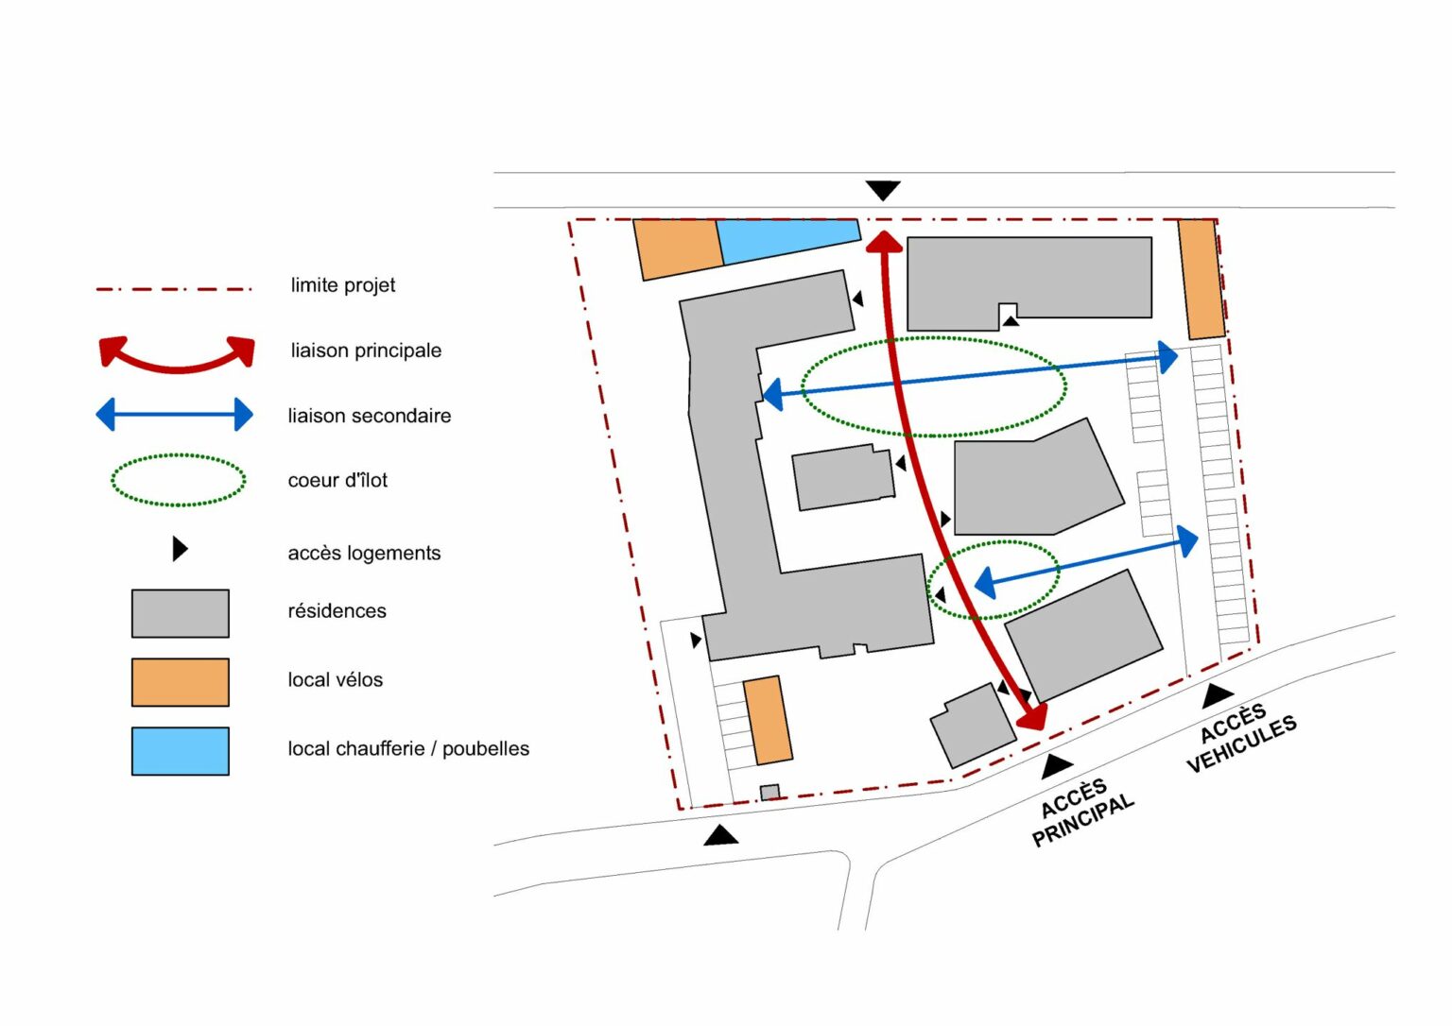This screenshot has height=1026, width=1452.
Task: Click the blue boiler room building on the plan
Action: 786,240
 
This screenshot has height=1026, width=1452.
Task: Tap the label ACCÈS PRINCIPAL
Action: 1081,812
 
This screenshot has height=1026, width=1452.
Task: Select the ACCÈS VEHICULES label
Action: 1240,738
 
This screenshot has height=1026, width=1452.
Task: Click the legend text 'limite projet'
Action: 343,285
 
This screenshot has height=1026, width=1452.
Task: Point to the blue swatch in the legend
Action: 181,751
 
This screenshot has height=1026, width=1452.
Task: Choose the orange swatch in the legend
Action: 181,682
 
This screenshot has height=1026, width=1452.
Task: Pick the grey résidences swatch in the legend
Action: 181,613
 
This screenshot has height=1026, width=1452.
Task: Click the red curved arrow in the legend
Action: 177,368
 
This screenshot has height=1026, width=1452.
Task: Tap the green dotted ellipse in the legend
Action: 179,454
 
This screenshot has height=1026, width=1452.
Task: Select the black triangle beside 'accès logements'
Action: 180,549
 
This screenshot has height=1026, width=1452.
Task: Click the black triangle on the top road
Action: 883,190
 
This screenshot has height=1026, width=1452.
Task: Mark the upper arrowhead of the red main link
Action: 884,242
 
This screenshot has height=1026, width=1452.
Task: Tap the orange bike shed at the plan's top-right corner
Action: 1201,279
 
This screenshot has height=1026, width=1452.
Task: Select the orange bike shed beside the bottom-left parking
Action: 768,720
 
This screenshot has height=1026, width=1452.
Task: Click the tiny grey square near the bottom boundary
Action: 769,792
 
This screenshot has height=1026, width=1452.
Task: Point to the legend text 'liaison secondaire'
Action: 370,416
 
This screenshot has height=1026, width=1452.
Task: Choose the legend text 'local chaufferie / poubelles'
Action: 408,749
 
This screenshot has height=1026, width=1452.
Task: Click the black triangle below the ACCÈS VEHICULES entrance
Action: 1218,696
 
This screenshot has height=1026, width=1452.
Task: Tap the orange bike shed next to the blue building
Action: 678,249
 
